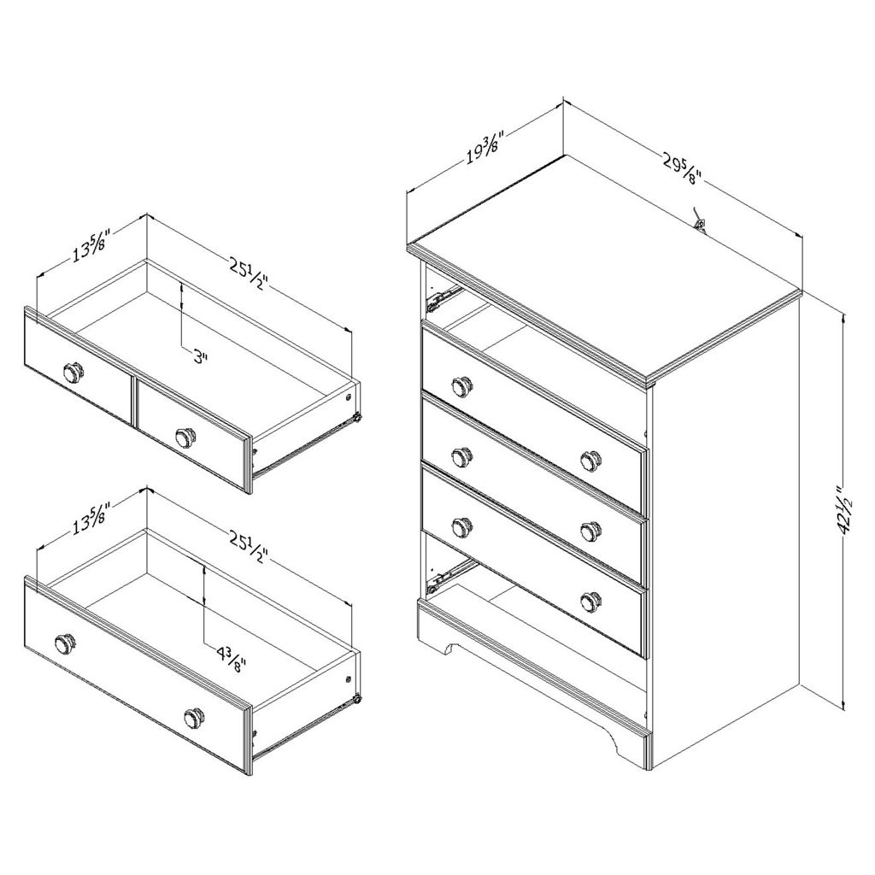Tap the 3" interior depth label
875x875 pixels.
coord(199,356)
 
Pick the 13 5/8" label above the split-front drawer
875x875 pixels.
coord(90,245)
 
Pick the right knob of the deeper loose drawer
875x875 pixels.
coord(195,717)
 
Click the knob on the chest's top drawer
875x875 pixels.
coord(462,386)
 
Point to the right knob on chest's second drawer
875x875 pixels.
coord(590,459)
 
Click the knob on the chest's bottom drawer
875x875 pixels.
coord(590,601)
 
